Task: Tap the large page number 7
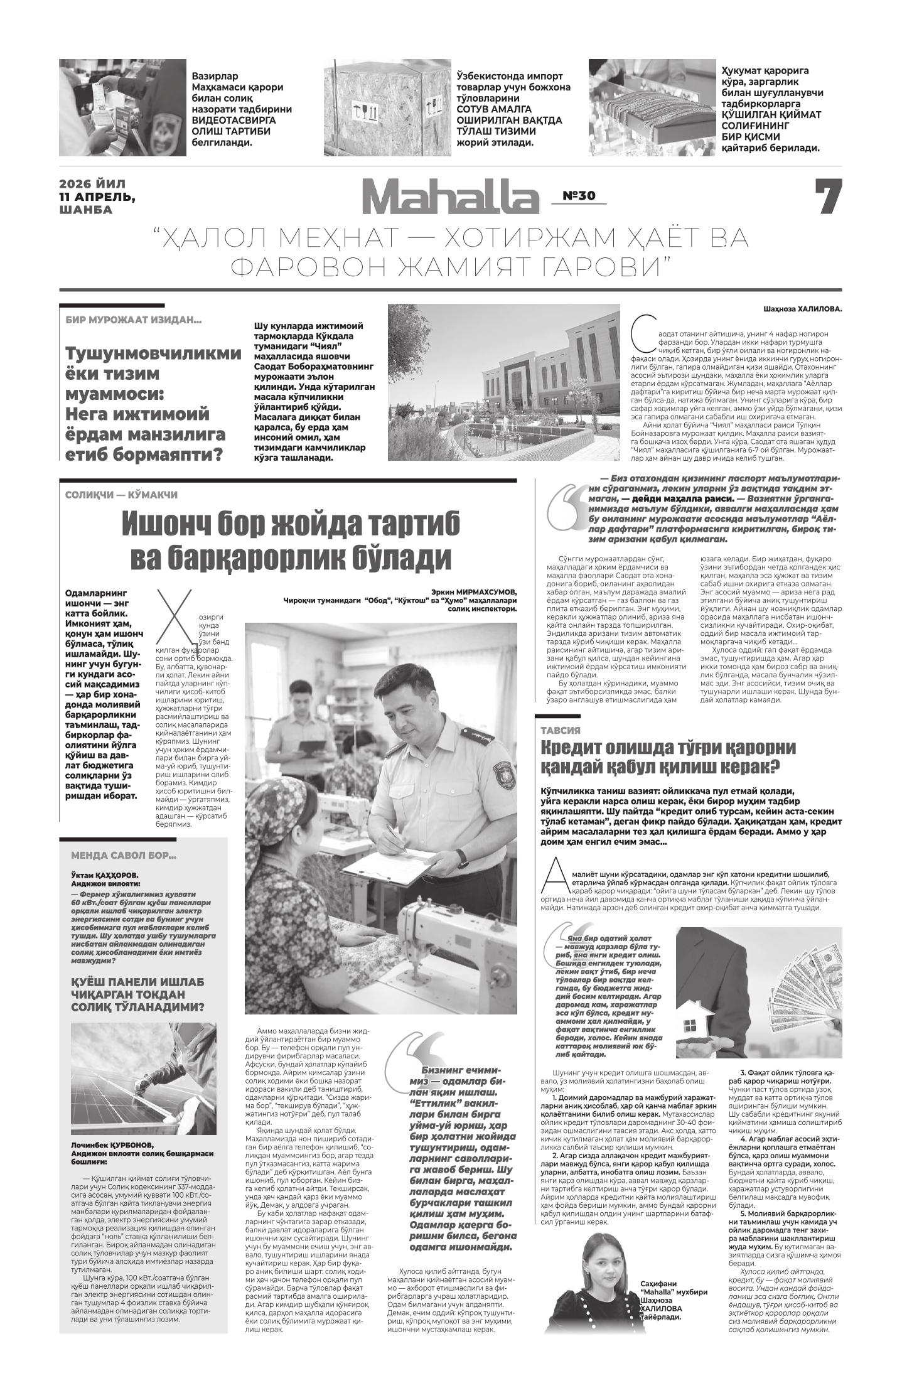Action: (x=828, y=198)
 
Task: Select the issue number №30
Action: (x=578, y=196)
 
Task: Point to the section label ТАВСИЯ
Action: (x=560, y=730)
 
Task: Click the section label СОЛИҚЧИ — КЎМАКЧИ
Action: (x=121, y=495)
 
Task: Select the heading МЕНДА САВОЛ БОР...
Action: (x=124, y=855)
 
